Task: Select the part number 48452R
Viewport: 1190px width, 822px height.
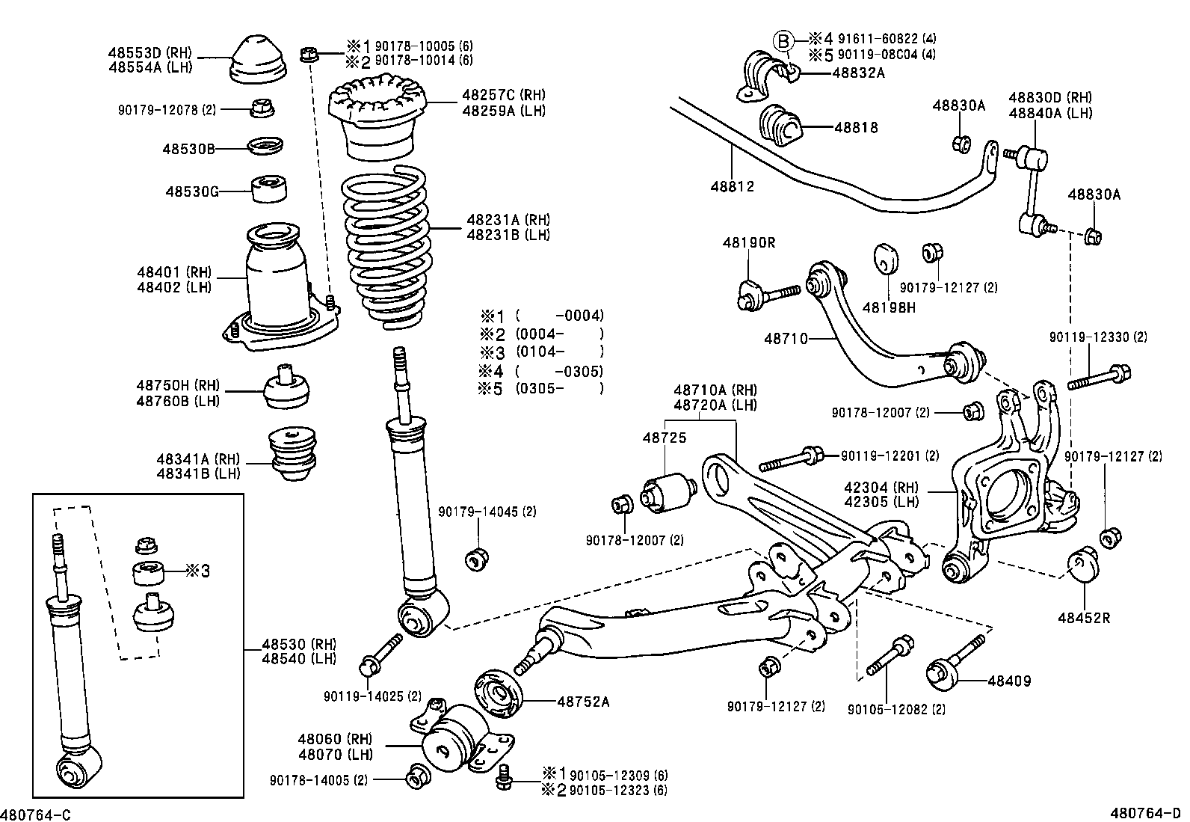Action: click(x=1084, y=618)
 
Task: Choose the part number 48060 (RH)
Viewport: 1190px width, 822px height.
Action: click(x=335, y=740)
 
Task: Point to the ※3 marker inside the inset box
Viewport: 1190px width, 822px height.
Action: click(x=197, y=571)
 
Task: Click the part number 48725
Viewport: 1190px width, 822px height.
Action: click(x=664, y=438)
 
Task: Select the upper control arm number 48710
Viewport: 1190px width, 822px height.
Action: click(x=786, y=339)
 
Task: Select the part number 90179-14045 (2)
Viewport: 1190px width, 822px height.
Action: click(x=487, y=512)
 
